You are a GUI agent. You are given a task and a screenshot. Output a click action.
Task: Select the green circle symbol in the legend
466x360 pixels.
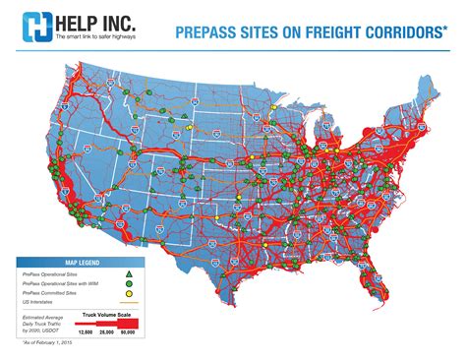pyautogui.click(x=128, y=283)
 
